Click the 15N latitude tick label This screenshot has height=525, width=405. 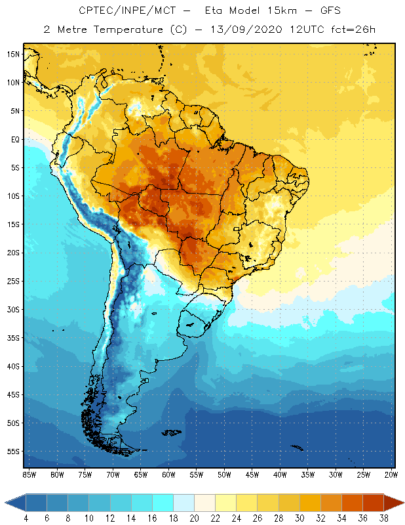tap(14, 54)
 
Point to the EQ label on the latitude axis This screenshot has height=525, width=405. tap(14, 139)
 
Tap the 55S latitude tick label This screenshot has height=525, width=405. tap(14, 451)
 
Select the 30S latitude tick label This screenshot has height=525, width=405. tap(14, 309)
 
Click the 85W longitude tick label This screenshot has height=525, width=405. tap(29, 474)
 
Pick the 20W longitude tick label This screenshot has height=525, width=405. tap(390, 474)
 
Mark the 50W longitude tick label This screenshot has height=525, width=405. tap(225, 474)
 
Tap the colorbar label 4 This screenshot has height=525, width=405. tap(26, 518)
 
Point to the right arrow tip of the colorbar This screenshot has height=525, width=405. tap(402, 503)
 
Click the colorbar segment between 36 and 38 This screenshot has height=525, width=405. tap(373, 503)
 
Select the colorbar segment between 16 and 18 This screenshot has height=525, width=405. tap(163, 503)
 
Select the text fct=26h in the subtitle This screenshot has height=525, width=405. tap(351, 30)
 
